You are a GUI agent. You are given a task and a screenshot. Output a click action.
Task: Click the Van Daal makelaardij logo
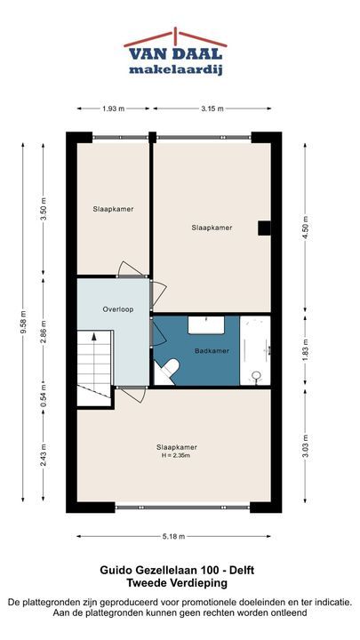[x=175, y=52]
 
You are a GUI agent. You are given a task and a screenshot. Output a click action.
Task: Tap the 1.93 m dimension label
[x=114, y=108]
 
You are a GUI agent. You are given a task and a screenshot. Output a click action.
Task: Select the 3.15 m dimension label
[x=212, y=108]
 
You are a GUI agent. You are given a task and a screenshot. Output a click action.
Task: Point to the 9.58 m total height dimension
[x=23, y=322]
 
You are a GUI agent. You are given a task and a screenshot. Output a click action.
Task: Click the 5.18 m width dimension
[x=174, y=536]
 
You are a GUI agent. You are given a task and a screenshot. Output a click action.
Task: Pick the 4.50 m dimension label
[x=305, y=228]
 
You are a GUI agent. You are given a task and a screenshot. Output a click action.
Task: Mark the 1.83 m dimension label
[x=305, y=351]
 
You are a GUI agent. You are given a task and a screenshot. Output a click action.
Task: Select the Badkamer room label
[x=212, y=350]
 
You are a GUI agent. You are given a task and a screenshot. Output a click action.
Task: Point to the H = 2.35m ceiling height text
[x=174, y=455]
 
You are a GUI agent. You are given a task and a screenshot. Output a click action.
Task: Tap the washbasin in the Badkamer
[x=206, y=325]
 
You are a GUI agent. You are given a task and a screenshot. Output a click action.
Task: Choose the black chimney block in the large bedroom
[x=264, y=228]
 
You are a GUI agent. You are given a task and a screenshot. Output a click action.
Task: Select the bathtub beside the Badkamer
[x=255, y=350]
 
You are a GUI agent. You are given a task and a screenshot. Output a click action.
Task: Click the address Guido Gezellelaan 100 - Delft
[x=177, y=570]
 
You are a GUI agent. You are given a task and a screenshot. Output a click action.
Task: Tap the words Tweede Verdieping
[x=177, y=583]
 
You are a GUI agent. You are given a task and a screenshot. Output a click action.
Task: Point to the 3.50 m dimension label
[x=44, y=209]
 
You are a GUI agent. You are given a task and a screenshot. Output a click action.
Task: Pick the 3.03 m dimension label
[x=305, y=446]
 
